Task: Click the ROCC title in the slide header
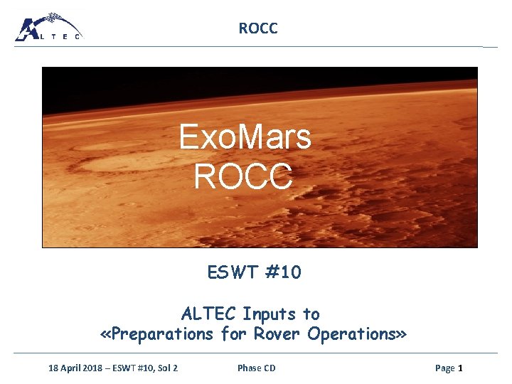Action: pos(258,28)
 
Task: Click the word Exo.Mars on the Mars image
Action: pos(245,137)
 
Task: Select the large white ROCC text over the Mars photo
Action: pos(243,176)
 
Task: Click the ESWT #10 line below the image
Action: pos(254,272)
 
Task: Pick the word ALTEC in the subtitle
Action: pos(209,314)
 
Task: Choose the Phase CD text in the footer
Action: pos(256,368)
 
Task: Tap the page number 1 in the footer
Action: pos(460,368)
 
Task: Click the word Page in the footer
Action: pos(444,368)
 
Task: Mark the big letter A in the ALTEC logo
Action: pos(29,29)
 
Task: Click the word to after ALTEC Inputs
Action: pos(311,314)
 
